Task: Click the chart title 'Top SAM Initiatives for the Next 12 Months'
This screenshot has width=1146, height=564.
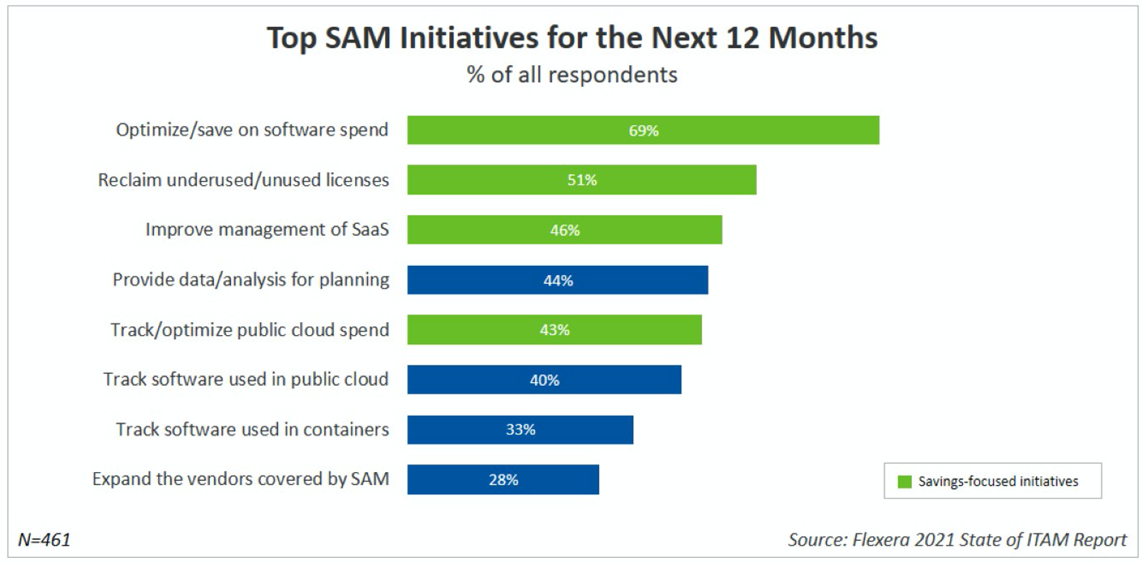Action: (572, 38)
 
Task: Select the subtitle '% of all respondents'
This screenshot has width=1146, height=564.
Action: (572, 75)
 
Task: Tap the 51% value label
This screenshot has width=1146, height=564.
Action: (582, 180)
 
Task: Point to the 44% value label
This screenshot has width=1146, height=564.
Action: (558, 280)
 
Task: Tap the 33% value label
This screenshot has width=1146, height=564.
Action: (520, 430)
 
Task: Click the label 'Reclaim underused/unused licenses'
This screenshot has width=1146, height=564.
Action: (243, 180)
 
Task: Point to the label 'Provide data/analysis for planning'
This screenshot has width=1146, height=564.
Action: (251, 280)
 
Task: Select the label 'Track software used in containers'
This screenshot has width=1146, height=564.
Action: (252, 430)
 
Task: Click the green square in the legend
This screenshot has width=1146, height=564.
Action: (904, 482)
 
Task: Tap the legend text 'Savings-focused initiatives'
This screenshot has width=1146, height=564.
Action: (998, 482)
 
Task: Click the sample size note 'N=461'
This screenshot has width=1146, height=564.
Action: (45, 540)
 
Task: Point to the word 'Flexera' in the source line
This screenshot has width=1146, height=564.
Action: (880, 540)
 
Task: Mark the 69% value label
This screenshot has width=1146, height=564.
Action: (643, 130)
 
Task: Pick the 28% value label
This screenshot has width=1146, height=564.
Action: (503, 480)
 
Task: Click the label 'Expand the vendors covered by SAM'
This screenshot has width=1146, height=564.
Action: (240, 479)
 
